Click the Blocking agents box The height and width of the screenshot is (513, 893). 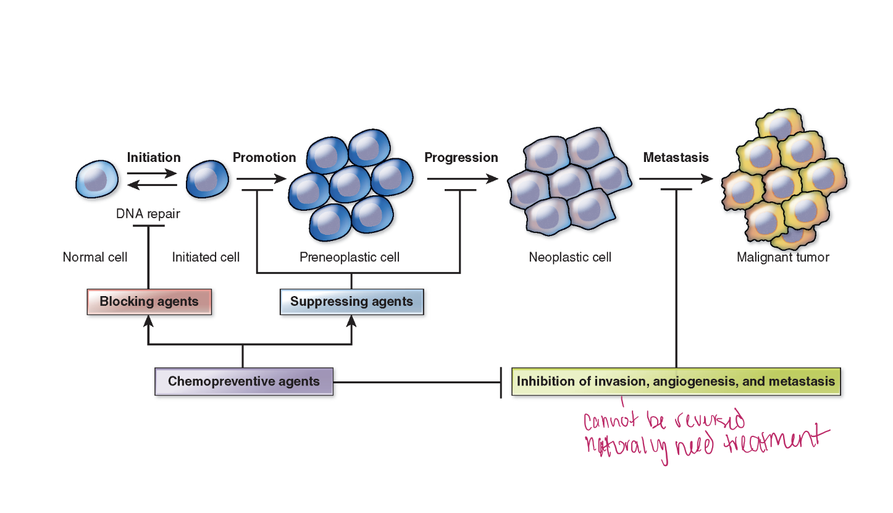[149, 302]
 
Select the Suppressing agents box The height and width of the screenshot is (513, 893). [351, 302]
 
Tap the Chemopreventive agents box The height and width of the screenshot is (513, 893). [244, 381]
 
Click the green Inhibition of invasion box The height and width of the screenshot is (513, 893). [676, 381]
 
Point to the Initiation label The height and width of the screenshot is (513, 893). [154, 158]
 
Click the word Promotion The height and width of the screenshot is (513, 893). [264, 158]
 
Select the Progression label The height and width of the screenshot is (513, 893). [461, 158]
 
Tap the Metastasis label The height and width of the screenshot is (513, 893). [676, 158]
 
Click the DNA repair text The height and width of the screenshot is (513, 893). [148, 214]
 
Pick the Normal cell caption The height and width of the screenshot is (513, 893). [95, 257]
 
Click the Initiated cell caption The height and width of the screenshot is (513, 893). [206, 257]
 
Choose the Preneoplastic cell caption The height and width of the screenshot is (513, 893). [350, 257]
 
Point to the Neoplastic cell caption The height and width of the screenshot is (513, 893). [570, 257]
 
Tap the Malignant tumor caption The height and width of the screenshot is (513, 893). [782, 257]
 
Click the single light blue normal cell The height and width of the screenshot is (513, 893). [97, 179]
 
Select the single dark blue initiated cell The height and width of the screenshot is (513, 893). [208, 179]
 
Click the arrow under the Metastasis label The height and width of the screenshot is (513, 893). [676, 179]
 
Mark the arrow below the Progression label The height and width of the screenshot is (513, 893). [462, 179]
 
